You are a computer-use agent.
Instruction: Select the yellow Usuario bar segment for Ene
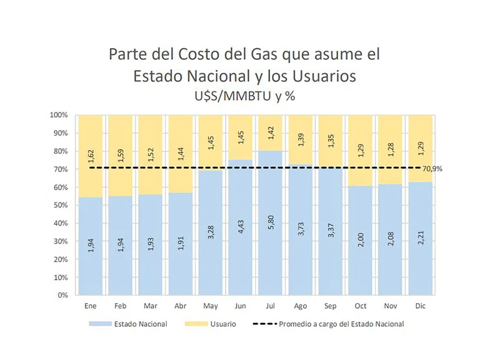pyautogui.click(x=91, y=156)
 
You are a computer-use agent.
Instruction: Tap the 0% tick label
pyautogui.click(x=62, y=295)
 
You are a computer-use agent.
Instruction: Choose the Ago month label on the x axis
pyautogui.click(x=301, y=306)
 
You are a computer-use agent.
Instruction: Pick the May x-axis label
pyautogui.click(x=211, y=306)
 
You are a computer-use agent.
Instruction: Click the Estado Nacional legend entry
pyautogui.click(x=128, y=324)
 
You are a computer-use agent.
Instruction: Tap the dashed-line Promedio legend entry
pyautogui.click(x=328, y=324)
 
